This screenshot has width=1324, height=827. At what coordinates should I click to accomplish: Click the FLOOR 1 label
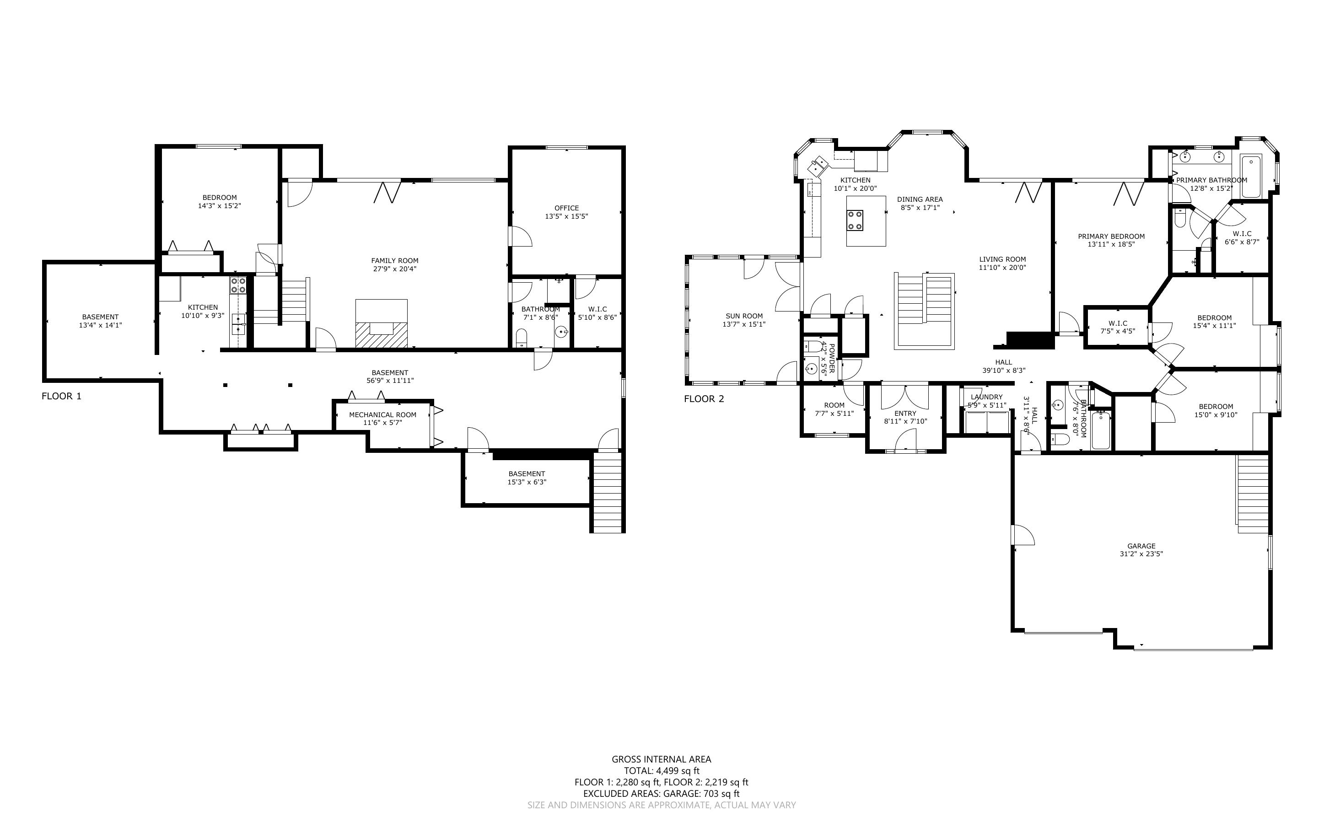61,396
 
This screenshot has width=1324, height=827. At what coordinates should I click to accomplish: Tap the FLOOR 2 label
704,399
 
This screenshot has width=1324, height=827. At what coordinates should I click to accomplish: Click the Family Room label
395,260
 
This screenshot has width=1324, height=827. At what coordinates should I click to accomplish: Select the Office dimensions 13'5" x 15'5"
566,216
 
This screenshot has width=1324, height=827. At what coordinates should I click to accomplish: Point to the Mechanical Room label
383,414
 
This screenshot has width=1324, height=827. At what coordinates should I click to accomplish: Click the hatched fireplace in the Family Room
382,334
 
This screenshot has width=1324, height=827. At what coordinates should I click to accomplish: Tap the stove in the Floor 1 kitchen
238,285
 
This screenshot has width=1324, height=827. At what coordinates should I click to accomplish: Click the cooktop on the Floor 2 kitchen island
856,220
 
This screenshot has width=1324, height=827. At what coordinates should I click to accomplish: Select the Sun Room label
744,316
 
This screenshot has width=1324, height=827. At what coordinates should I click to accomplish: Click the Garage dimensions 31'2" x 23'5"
1141,553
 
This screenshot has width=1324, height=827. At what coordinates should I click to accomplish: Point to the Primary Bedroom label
1111,236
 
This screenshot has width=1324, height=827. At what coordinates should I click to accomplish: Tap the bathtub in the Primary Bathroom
1251,177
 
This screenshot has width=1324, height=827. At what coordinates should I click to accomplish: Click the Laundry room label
987,397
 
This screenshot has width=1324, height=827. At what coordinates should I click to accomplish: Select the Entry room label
906,413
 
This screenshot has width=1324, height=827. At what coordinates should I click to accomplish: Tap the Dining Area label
920,199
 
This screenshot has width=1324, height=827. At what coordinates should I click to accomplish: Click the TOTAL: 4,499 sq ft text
662,771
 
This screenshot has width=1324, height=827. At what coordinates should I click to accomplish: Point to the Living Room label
1002,259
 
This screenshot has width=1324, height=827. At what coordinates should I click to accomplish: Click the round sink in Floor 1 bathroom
561,332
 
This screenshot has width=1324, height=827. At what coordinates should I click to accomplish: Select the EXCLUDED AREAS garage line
662,794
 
